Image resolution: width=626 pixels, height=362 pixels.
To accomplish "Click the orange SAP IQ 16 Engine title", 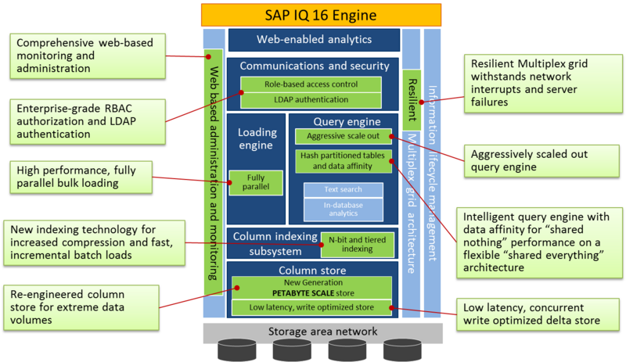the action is pyautogui.click(x=321, y=15).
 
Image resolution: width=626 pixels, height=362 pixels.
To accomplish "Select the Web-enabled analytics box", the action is pyautogui.click(x=314, y=40).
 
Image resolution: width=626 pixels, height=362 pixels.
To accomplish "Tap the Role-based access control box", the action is pyautogui.click(x=311, y=84).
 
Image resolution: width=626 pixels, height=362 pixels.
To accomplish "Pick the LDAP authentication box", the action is pyautogui.click(x=311, y=100).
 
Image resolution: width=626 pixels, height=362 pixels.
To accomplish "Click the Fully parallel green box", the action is pyautogui.click(x=256, y=182).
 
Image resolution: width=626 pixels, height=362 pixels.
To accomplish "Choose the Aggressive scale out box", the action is pyautogui.click(x=344, y=136).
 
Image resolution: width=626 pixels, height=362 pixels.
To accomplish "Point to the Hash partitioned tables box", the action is pyautogui.click(x=344, y=161).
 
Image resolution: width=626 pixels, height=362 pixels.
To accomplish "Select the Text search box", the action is pyautogui.click(x=344, y=190).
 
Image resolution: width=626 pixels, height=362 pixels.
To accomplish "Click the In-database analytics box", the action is pyautogui.click(x=344, y=210).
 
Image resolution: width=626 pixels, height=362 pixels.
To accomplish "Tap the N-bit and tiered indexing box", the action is pyautogui.click(x=358, y=244).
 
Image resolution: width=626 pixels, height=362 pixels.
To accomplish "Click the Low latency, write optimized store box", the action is pyautogui.click(x=311, y=308).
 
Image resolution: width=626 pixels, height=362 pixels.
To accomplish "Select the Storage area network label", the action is pyautogui.click(x=322, y=332).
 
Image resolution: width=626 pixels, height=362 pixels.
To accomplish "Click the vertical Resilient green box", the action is pyautogui.click(x=412, y=100).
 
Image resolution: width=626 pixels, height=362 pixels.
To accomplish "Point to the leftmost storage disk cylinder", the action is pyautogui.click(x=237, y=350).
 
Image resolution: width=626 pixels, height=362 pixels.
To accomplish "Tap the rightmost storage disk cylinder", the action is pyautogui.click(x=402, y=350).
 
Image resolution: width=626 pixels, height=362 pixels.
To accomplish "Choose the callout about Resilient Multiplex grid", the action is pyautogui.click(x=543, y=84).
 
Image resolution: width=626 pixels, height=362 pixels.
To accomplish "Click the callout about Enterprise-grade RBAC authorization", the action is pyautogui.click(x=88, y=122).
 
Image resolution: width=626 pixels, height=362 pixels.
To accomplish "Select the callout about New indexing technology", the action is pyautogui.click(x=94, y=243).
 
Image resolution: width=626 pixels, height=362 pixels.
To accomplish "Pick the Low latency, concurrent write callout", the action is pyautogui.click(x=538, y=314).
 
